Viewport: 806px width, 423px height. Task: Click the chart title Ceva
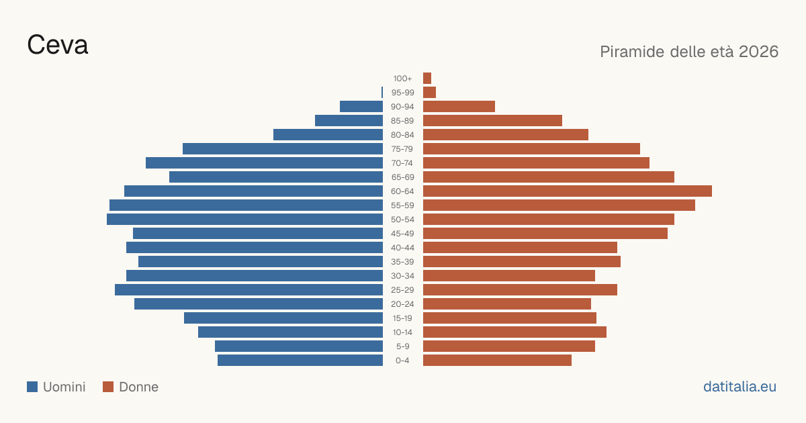58,45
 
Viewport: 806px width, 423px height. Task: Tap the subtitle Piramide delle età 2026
689,52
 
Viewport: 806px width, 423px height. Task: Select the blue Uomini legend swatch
32,387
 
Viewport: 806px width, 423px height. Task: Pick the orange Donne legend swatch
108,387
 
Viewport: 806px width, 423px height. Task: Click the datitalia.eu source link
740,387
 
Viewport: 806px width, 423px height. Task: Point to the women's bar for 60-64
568,191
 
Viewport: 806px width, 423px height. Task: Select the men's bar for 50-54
244,220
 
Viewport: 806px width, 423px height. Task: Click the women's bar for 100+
427,78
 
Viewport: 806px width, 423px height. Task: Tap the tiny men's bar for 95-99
382,93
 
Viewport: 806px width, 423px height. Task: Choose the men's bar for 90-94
361,107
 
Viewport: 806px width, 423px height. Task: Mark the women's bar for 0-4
497,361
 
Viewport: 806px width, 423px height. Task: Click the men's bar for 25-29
249,290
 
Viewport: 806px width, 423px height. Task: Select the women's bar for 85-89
492,120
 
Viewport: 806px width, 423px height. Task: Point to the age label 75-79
402,149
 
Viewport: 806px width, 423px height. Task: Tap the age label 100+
402,79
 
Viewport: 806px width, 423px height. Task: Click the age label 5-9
402,346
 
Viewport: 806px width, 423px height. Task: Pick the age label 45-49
402,234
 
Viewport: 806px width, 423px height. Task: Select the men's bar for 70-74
264,163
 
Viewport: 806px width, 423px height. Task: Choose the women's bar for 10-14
514,332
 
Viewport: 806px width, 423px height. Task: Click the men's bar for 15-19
283,318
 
